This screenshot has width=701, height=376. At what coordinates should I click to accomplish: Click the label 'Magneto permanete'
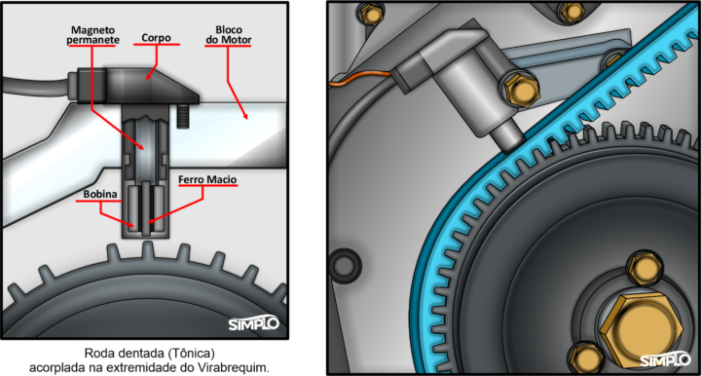coord(93,35)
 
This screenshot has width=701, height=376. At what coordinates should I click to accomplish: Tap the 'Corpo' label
coord(156,38)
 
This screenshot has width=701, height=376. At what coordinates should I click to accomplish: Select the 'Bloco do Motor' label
coord(229,35)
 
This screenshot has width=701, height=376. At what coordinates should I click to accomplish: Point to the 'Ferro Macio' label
coord(207,180)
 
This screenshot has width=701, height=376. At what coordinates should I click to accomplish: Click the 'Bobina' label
coord(100,195)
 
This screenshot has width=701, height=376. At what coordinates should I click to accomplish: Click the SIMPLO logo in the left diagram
coord(253,323)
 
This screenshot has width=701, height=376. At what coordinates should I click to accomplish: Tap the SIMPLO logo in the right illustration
coord(665,359)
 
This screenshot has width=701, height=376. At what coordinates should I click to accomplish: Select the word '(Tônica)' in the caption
coord(192,354)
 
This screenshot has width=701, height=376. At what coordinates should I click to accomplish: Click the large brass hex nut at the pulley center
coord(641,329)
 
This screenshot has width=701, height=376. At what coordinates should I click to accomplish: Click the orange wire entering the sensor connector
coord(360,78)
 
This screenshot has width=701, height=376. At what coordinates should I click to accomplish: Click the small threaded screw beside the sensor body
coord(181,116)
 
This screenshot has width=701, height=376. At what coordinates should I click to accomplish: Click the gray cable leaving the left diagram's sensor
coord(36,86)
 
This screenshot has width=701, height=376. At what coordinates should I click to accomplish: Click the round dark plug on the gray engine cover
coord(345,266)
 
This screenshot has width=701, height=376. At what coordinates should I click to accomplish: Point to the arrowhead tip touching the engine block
coord(246,120)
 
